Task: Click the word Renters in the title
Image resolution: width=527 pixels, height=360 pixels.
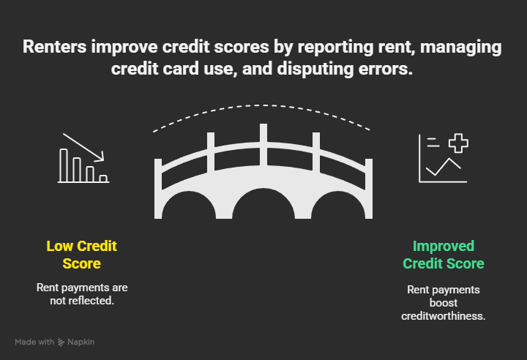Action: click(54, 48)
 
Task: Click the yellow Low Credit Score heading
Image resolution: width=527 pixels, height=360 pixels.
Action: click(82, 254)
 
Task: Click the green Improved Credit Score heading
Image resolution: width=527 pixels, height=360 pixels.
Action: click(444, 254)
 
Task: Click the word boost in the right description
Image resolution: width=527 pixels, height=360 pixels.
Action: click(444, 302)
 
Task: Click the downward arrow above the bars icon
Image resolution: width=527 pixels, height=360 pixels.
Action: click(83, 146)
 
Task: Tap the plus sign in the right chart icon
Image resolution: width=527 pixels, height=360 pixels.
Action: click(458, 143)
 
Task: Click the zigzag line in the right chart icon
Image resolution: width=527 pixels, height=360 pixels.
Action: click(444, 168)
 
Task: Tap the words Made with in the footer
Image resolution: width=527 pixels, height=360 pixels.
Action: click(34, 342)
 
